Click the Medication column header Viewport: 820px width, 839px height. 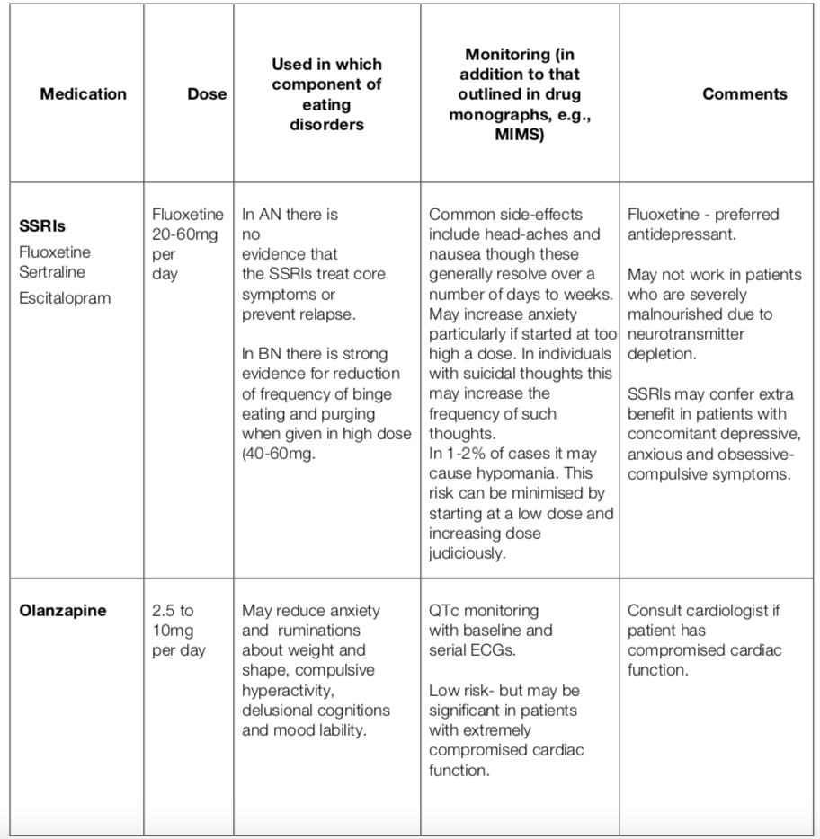[x=84, y=94]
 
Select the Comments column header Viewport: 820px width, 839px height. [x=744, y=94]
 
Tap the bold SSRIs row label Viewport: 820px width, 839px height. [x=42, y=226]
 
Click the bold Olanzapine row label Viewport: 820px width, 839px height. [x=63, y=611]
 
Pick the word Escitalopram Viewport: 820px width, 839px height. [x=65, y=296]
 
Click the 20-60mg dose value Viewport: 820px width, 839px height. [x=188, y=234]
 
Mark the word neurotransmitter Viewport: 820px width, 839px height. [x=687, y=334]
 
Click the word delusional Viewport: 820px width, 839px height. [x=275, y=710]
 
